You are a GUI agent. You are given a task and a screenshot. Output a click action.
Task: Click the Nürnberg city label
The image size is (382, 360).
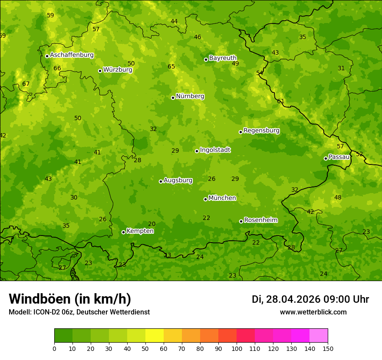pyautogui.click(x=190, y=96)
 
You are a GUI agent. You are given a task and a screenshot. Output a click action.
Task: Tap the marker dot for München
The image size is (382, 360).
pyautogui.click(x=205, y=199)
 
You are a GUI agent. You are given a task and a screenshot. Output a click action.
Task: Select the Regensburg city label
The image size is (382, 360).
pyautogui.click(x=261, y=131)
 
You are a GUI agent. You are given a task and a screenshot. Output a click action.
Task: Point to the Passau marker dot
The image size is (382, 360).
pyautogui.click(x=326, y=158)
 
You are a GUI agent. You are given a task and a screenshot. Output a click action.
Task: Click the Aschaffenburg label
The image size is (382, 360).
pyautogui.click(x=72, y=55)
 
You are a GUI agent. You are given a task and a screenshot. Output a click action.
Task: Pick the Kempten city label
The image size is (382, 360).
pyautogui.click(x=140, y=231)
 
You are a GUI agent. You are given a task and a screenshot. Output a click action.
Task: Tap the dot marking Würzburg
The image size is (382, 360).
pyautogui.click(x=100, y=71)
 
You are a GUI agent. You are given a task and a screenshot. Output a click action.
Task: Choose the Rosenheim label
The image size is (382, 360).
pyautogui.click(x=260, y=220)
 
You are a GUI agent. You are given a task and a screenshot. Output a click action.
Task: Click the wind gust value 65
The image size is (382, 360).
pyautogui.click(x=171, y=66)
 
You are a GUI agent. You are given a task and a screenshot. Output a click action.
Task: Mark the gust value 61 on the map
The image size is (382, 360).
pyautogui.click(x=281, y=101)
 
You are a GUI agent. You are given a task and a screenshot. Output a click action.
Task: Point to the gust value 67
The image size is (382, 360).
pyautogui.click(x=26, y=84)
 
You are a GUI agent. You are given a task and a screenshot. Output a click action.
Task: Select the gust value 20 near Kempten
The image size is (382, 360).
pyautogui.click(x=151, y=224)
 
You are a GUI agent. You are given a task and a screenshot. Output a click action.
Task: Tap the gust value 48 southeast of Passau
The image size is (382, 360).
pyautogui.click(x=338, y=197)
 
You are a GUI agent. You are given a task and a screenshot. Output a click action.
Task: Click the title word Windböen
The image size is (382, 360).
pyautogui.click(x=39, y=299)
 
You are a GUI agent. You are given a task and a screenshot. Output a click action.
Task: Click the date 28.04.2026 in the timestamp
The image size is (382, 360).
pyautogui.click(x=293, y=299)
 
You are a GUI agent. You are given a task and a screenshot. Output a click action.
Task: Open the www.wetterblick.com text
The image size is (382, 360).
pyautogui.click(x=313, y=312)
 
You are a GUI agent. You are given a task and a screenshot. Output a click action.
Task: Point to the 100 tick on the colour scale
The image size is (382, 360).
pyautogui.click(x=237, y=348)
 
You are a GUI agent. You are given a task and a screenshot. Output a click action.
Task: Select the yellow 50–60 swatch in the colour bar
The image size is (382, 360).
pyautogui.click(x=155, y=336)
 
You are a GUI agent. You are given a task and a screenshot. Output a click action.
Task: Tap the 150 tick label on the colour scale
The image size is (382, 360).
pyautogui.click(x=328, y=348)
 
